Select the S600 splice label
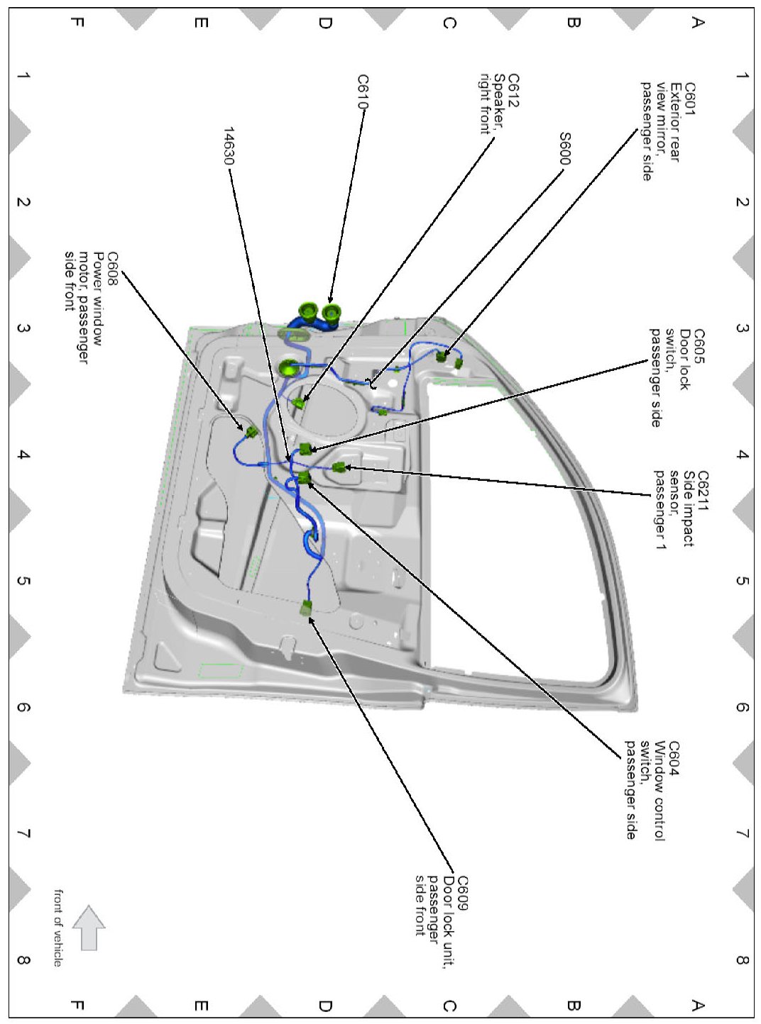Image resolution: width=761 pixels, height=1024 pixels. point(565,149)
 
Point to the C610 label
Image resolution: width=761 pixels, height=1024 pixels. point(363,91)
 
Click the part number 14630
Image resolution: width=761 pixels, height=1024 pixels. point(229,146)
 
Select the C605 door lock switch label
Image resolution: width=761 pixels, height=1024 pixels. point(670,378)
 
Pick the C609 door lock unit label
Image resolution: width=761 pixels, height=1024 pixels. point(442,906)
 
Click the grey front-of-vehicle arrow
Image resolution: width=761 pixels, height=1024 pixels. point(89,928)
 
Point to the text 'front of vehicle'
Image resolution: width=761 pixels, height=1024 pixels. point(58,928)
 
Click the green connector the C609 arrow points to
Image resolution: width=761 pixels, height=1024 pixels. point(306,608)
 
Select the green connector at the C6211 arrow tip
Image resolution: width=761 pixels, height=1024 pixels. point(339,467)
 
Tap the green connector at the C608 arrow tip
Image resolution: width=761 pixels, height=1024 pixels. point(251,432)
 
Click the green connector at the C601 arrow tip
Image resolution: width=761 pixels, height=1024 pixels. point(442,356)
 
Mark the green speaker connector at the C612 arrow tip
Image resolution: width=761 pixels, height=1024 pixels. point(299,404)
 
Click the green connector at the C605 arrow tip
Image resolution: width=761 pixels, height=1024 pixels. point(306,448)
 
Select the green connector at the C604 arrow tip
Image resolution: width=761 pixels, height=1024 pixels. point(304,477)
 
